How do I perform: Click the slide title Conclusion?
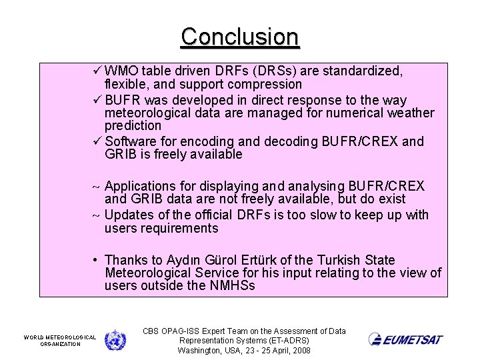coord(240,36)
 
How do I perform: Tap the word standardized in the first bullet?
coord(361,71)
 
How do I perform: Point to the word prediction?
coord(133,126)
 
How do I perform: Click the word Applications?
coord(140,186)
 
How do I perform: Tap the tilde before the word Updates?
coord(97,215)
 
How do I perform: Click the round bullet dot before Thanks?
coord(97,260)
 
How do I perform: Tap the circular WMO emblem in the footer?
coord(115,339)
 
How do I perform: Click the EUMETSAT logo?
coord(405,339)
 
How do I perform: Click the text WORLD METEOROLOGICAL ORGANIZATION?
coord(60,341)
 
